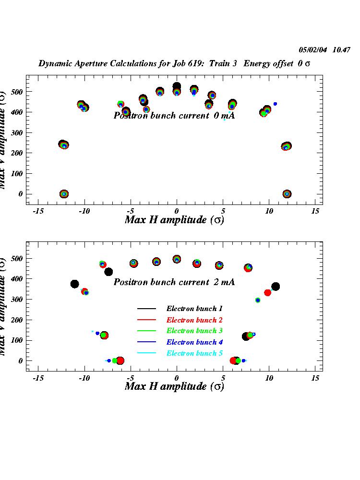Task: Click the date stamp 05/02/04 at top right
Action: coord(313,49)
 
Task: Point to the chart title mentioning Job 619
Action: coord(174,63)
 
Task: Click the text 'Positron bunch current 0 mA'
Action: coord(174,116)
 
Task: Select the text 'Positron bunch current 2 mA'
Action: coord(174,282)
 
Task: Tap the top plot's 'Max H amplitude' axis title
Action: coord(174,220)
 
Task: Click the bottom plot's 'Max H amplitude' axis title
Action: coord(174,386)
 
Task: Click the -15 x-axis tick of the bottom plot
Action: coord(38,378)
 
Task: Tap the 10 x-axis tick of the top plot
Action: coord(269,211)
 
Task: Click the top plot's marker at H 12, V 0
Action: coord(287,194)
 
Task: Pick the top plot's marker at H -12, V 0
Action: coord(64,194)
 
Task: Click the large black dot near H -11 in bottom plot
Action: coord(74,284)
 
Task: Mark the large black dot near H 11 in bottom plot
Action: coord(276,287)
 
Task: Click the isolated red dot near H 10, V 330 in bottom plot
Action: coord(267,293)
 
